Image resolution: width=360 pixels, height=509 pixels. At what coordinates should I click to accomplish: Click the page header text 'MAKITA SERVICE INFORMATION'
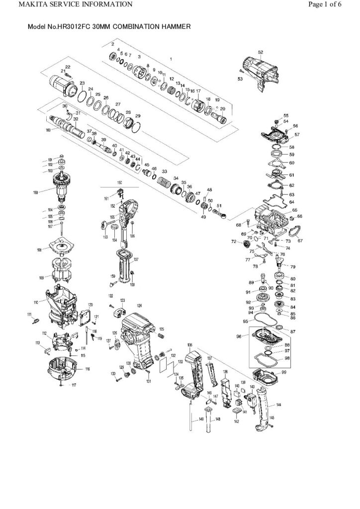coord(68,5)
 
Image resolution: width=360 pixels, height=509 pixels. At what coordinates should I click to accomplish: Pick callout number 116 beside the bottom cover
coord(88,369)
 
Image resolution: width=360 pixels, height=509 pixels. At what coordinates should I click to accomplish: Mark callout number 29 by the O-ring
coord(138,116)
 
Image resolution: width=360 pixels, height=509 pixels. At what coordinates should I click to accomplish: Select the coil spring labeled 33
coord(164,183)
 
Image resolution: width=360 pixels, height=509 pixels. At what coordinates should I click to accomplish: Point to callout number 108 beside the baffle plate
coord(39,250)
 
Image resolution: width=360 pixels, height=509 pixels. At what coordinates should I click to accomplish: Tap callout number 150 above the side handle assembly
coord(119,183)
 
